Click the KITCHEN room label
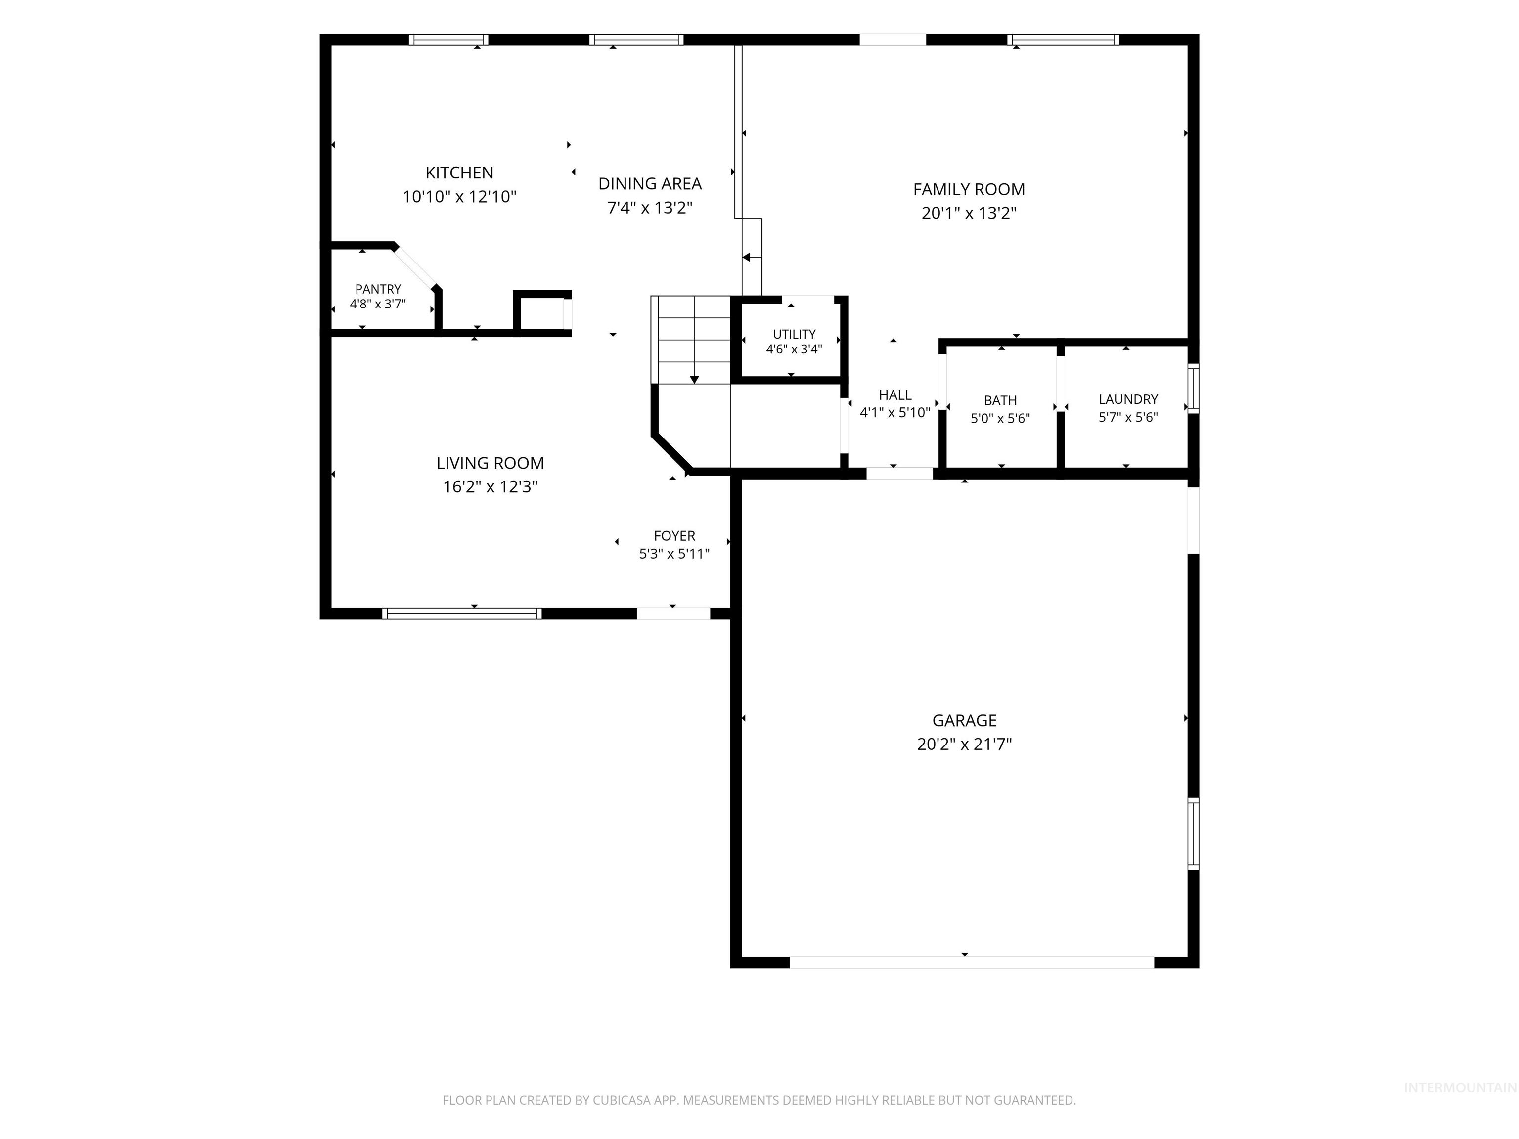click(459, 173)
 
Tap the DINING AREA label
click(650, 184)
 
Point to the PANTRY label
click(378, 289)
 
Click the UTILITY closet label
click(794, 334)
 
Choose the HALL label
click(895, 395)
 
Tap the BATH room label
click(1000, 401)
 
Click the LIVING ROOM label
click(490, 463)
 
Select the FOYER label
click(674, 536)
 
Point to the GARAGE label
click(964, 721)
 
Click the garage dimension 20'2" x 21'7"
click(964, 744)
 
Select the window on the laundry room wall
click(1194, 389)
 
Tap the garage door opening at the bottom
click(972, 963)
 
